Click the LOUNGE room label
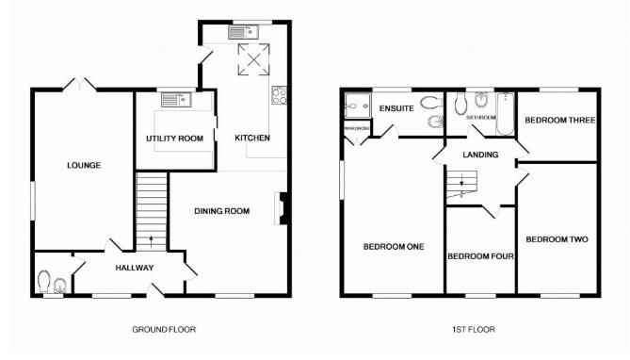[x=83, y=166]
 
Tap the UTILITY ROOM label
[x=174, y=139]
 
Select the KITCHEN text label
[x=251, y=139]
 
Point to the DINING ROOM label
[x=222, y=211]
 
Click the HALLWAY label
[x=135, y=269]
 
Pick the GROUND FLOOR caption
[x=164, y=330]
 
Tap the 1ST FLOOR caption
[x=473, y=330]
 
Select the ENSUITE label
[x=396, y=109]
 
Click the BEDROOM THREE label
[x=558, y=121]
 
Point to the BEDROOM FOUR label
[x=479, y=255]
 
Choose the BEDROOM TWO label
[x=557, y=239]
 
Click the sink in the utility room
[x=176, y=97]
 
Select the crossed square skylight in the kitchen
[x=251, y=60]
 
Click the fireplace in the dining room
[x=280, y=208]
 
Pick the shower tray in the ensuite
[x=357, y=106]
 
